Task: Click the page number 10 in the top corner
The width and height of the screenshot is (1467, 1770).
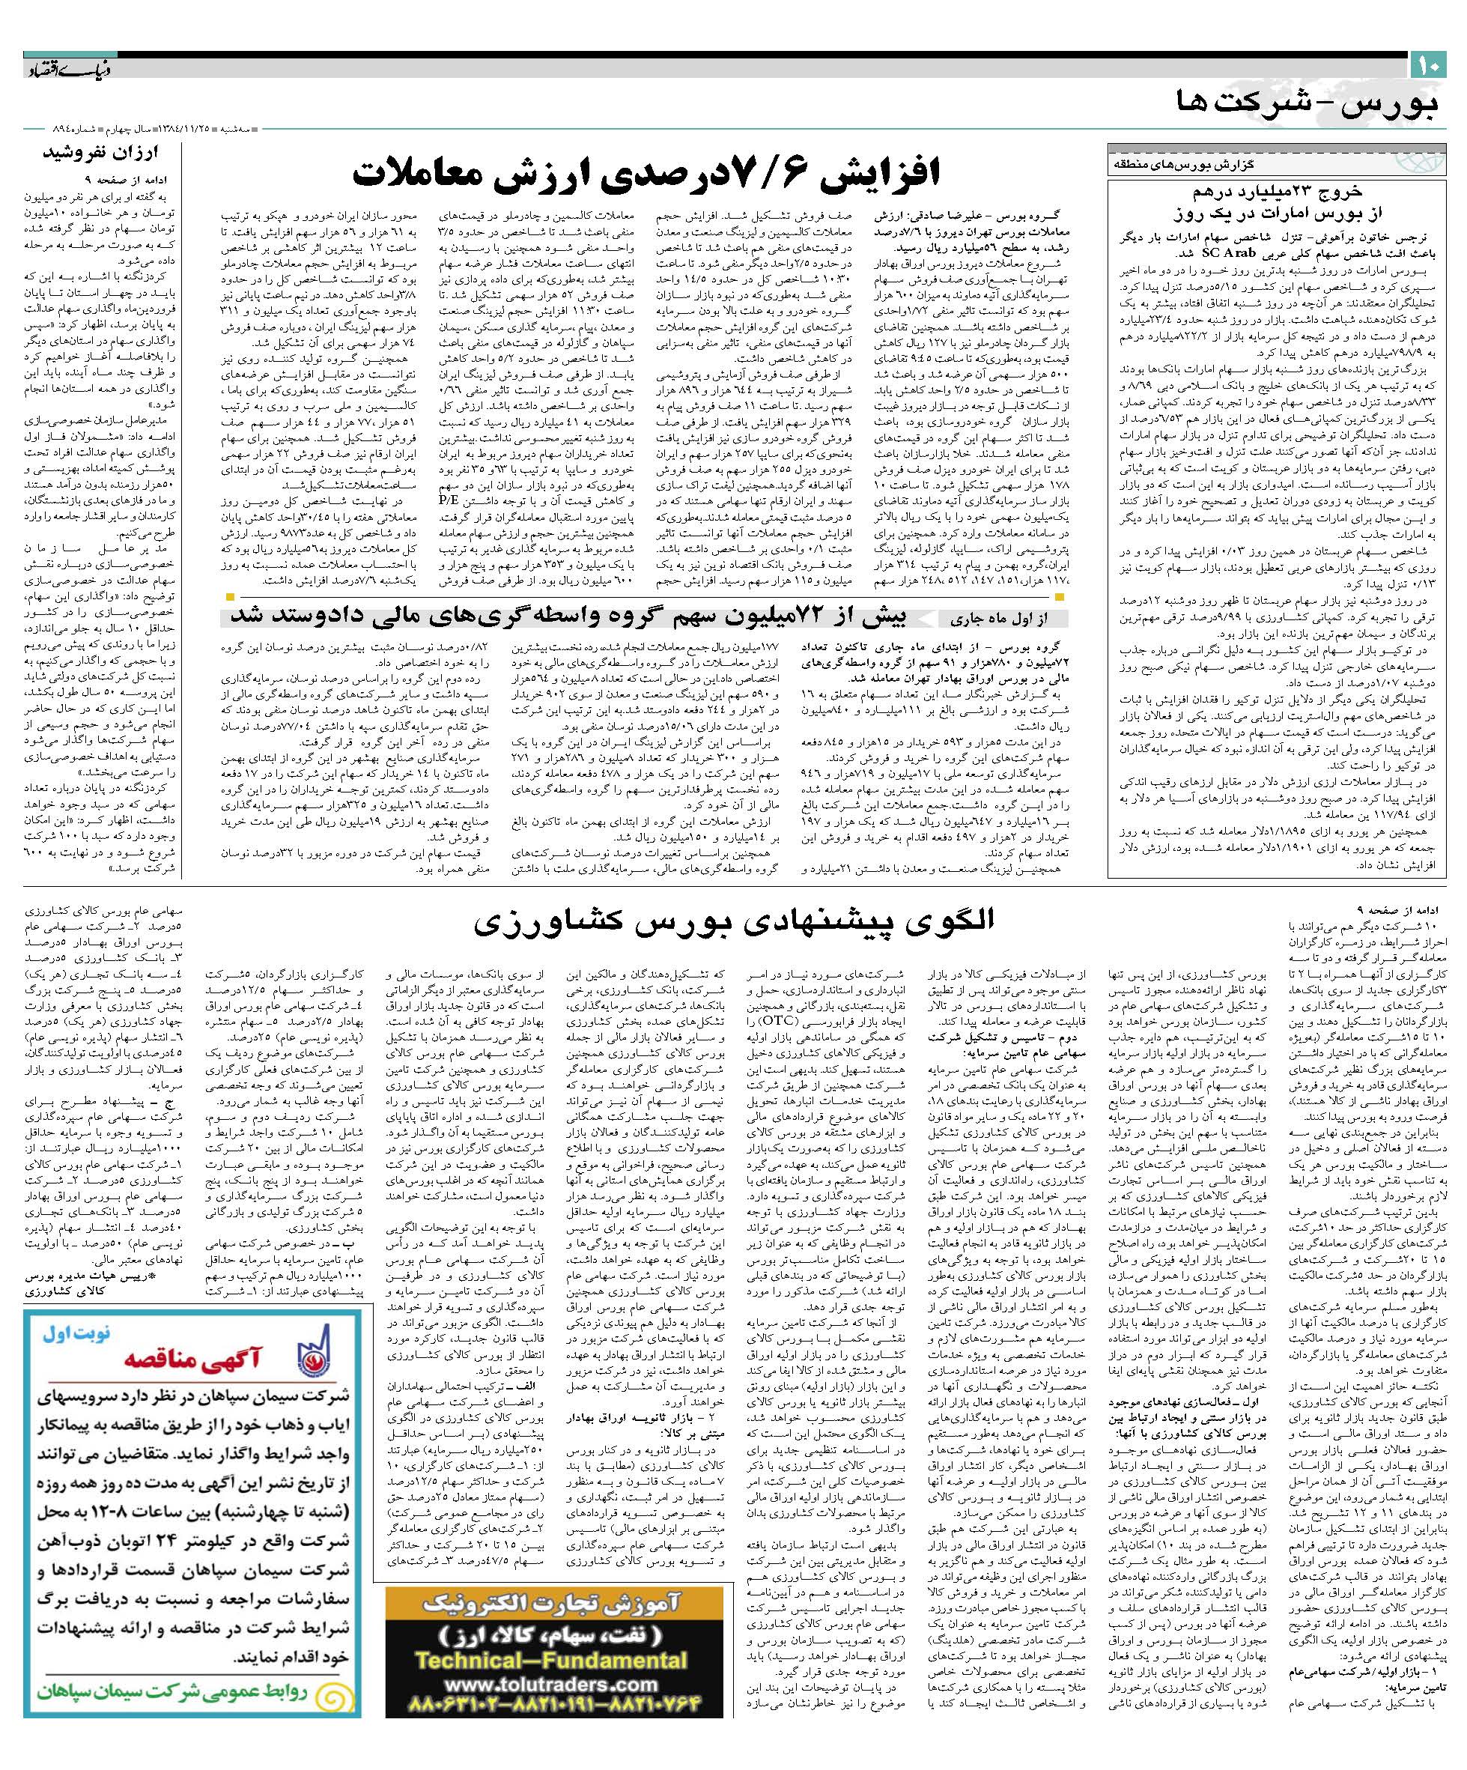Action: [1428, 64]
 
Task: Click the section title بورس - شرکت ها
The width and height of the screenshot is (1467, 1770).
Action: [1307, 106]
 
